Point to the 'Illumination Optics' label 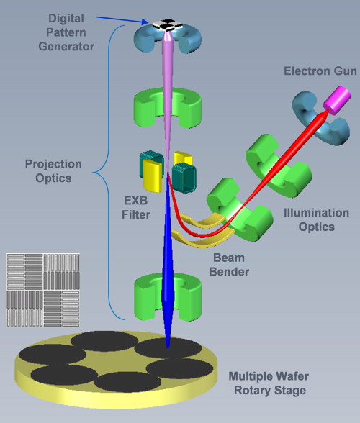point(310,219)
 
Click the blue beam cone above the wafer point(168,288)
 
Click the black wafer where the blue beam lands point(167,349)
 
